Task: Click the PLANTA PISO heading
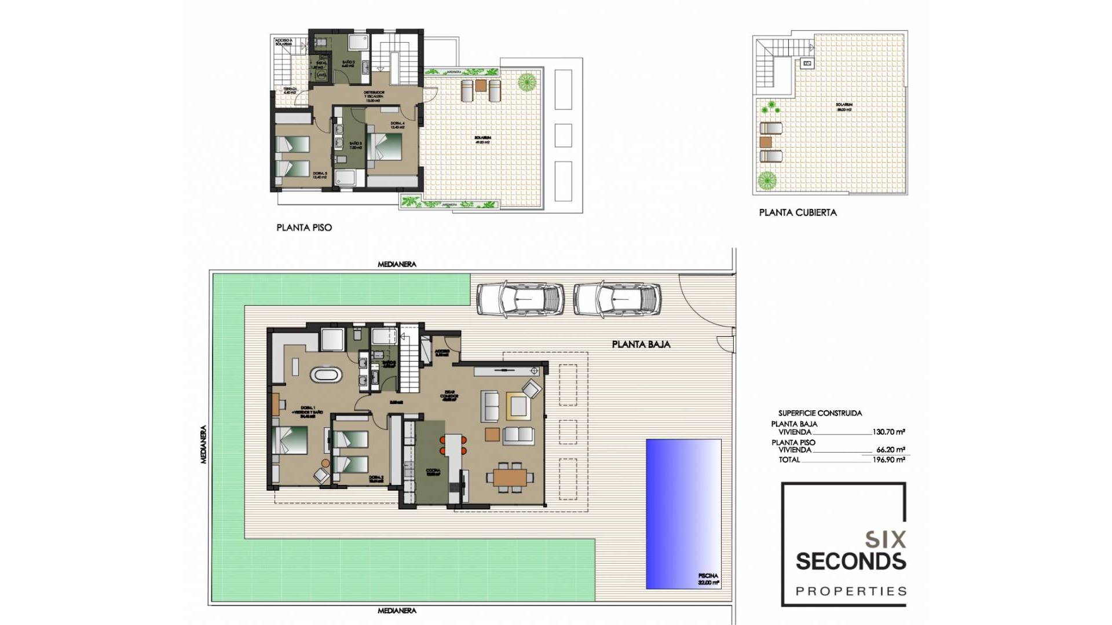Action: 304,227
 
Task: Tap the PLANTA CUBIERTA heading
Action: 798,212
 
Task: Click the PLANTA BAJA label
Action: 641,344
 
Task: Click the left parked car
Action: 520,299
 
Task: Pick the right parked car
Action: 617,299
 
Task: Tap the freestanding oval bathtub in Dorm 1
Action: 326,374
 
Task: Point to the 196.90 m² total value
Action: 888,459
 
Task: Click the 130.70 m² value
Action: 888,432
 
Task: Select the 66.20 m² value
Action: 890,450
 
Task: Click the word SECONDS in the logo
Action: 850,561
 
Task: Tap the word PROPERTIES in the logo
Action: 851,591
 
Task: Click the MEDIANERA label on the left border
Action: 203,444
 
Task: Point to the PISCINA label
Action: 708,576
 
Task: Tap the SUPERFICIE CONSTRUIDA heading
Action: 820,413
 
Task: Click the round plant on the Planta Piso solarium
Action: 526,82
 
